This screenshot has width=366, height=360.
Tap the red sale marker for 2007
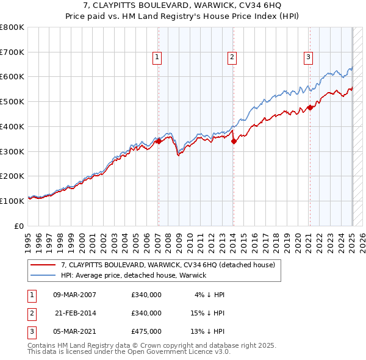coord(159,141)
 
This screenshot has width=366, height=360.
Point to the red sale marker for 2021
coord(309,107)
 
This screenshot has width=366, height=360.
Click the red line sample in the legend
coord(44,265)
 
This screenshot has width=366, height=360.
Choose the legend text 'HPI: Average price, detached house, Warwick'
coord(134,275)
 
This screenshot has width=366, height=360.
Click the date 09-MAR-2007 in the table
coord(75,295)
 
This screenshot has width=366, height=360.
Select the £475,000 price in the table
coord(146,331)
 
